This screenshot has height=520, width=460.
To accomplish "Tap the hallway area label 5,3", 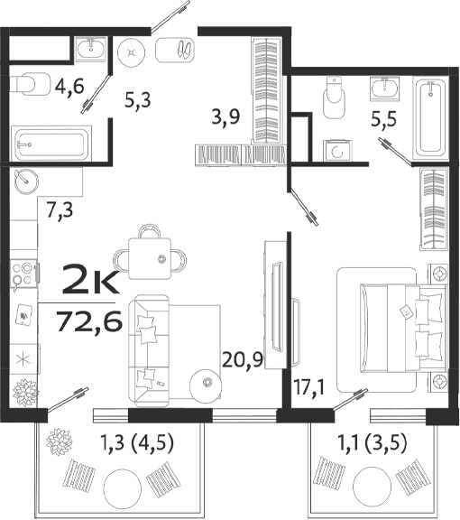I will [x=136, y=99].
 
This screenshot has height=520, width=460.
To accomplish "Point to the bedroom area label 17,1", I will [x=308, y=390].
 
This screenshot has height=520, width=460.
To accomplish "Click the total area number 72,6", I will [x=88, y=320].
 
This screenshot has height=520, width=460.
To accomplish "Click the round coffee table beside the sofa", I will [x=207, y=384].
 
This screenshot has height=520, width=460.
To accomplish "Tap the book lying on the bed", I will [x=406, y=311].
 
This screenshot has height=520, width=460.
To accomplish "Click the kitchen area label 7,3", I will [x=60, y=213].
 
